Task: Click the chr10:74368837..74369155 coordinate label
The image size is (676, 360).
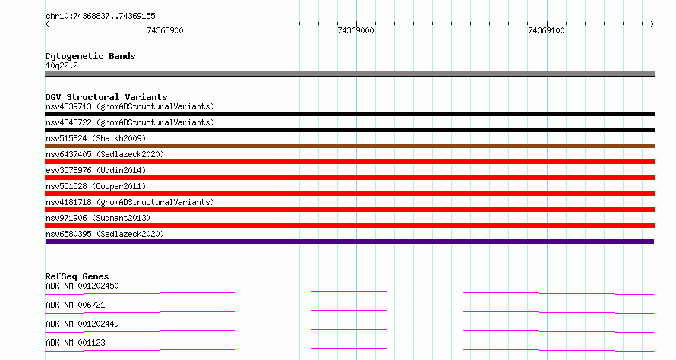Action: point(100,16)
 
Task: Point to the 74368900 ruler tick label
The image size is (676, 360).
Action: point(165,30)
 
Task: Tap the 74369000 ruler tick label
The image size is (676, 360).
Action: point(355,30)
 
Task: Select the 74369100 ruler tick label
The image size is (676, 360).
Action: point(546,30)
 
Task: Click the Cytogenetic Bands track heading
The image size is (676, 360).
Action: point(90,56)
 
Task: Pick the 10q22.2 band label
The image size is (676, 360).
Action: point(62,65)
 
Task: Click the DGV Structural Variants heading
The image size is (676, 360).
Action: point(106,97)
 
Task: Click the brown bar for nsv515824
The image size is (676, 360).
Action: point(349,146)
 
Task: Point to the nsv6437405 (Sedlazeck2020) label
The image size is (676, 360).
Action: point(105,154)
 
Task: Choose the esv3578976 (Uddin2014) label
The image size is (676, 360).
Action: point(96,170)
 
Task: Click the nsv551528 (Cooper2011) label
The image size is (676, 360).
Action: point(96,186)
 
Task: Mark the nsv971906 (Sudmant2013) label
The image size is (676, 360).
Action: point(98,218)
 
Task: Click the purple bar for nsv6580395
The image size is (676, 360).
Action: point(349,242)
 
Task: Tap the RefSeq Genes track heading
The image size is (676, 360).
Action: point(77,276)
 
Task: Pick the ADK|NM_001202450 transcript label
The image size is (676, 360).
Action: point(82,286)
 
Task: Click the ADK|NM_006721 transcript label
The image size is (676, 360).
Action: point(75,305)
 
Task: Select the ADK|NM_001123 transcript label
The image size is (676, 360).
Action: point(75,343)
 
